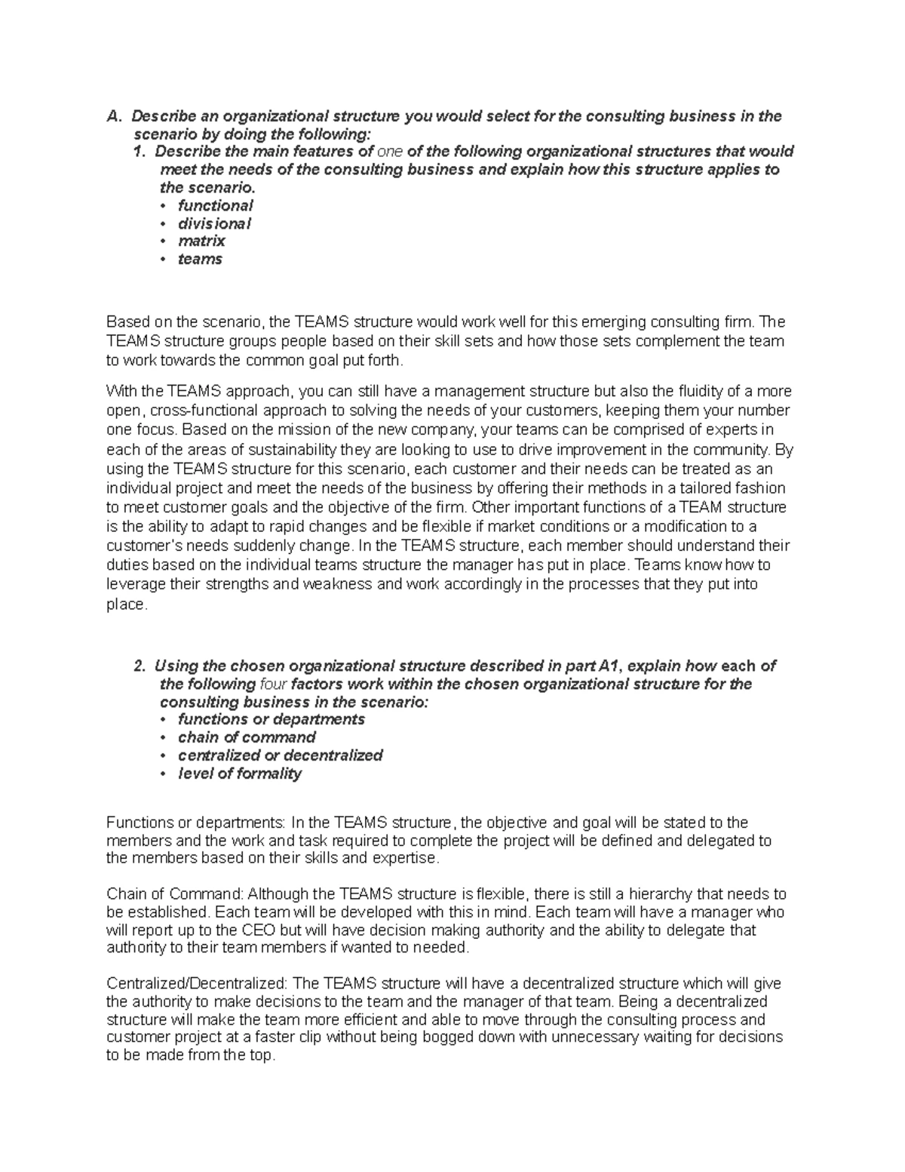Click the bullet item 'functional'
(x=215, y=205)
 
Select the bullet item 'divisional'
(x=214, y=223)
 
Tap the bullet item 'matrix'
(x=201, y=241)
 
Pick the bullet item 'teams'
(x=200, y=260)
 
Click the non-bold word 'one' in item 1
(x=389, y=152)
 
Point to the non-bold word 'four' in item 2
(x=273, y=684)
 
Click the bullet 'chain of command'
(x=247, y=737)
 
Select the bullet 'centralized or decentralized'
(x=280, y=755)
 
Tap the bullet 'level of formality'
(x=239, y=774)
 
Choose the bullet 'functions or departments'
(x=271, y=719)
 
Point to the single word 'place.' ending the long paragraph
(x=125, y=604)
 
